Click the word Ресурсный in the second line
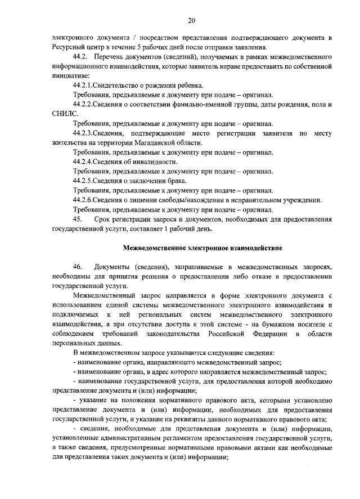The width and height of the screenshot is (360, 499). click(70, 47)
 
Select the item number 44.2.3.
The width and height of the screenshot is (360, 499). click(86, 133)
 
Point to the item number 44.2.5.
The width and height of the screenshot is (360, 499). click(86, 181)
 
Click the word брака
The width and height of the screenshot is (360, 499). click(175, 181)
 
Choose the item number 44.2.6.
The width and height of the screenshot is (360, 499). click(86, 200)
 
